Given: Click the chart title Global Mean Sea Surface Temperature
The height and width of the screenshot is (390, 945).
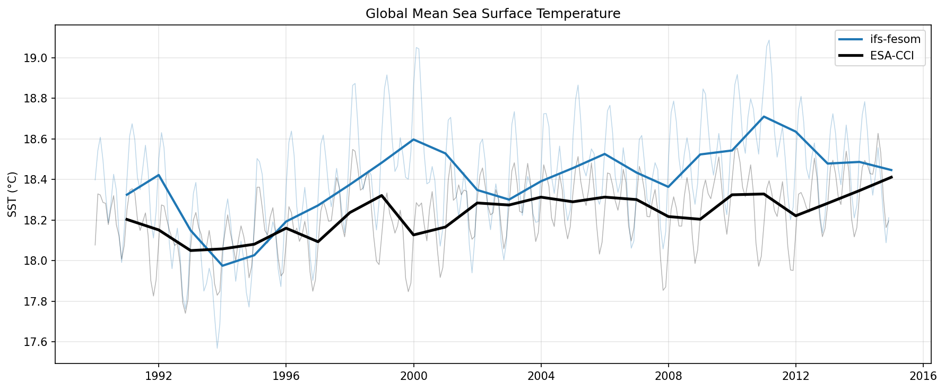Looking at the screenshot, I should [492, 14].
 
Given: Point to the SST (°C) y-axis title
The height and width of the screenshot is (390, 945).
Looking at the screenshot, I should [13, 194].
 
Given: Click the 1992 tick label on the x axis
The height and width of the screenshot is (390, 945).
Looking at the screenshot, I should [158, 376].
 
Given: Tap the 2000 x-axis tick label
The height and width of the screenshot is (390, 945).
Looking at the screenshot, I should [413, 376].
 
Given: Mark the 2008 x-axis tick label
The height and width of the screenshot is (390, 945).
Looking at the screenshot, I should [668, 376].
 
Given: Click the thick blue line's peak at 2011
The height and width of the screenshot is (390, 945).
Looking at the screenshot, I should [764, 116].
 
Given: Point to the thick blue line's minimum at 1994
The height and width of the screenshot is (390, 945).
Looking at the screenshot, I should [222, 265].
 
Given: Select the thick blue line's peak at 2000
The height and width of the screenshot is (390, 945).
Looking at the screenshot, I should [413, 140].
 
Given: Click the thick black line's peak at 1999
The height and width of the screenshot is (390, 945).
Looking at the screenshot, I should [382, 195].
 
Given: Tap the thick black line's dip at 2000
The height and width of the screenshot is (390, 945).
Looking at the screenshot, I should [413, 235].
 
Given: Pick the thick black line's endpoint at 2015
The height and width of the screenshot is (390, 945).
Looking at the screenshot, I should [891, 177].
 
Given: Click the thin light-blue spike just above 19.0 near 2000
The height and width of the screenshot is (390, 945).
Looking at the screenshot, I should [417, 48].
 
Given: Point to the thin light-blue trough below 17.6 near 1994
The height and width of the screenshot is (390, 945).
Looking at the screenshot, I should [217, 348].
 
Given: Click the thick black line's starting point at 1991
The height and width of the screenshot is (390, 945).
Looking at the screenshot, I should [126, 219].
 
